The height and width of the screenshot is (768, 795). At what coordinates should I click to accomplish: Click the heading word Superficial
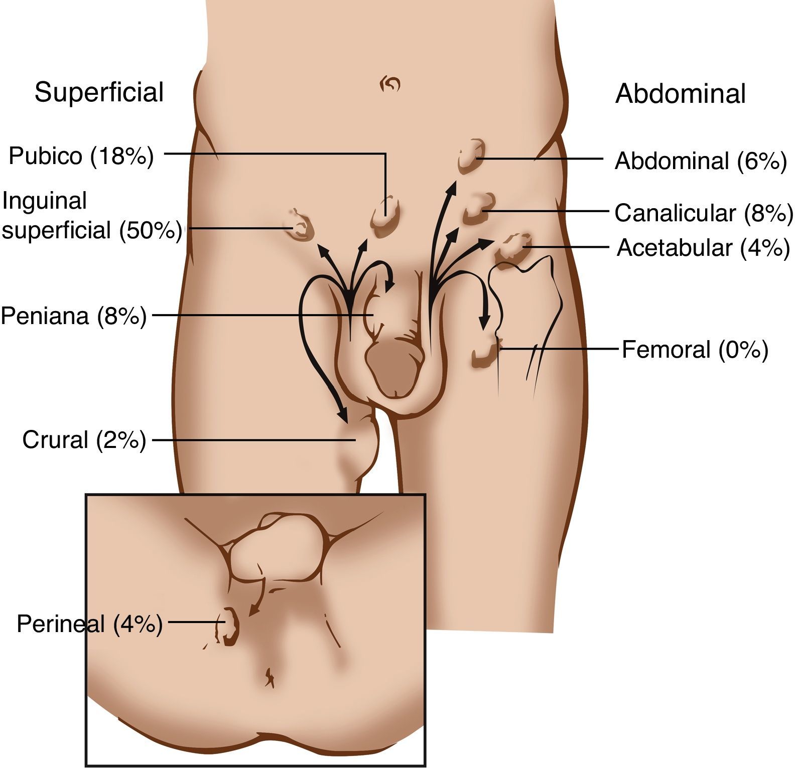tap(99, 92)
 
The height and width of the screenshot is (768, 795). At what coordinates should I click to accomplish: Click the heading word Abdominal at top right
tap(680, 94)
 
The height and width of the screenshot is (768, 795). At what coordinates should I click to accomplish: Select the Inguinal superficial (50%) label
tap(91, 216)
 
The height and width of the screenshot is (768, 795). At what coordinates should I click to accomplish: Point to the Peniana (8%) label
tap(73, 316)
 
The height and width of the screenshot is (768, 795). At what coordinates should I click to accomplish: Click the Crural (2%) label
tap(84, 440)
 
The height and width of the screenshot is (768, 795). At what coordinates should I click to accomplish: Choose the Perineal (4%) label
tap(89, 624)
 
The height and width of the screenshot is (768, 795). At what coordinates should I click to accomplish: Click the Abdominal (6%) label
tap(701, 161)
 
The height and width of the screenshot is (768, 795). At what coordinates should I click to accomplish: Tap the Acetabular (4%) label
tap(703, 248)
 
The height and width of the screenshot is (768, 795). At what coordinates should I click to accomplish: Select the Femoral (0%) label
tap(695, 350)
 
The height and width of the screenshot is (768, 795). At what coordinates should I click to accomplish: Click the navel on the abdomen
tap(390, 84)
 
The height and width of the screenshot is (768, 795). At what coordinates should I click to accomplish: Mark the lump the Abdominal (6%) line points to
tap(471, 157)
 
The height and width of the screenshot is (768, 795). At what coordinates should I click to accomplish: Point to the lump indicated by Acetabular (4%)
tap(513, 247)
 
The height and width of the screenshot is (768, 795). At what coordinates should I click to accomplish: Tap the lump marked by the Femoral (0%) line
tap(485, 354)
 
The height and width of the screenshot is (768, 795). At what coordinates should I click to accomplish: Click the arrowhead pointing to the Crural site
tap(343, 416)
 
